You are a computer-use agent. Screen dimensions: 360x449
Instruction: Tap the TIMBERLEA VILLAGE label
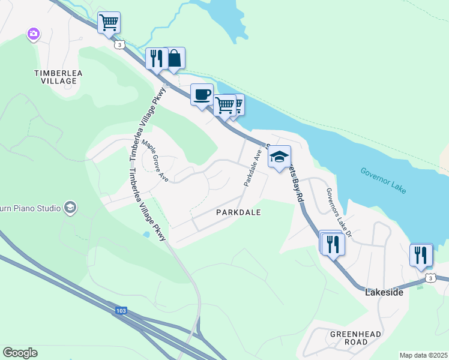(58, 76)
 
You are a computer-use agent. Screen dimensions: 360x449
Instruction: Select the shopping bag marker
(174, 59)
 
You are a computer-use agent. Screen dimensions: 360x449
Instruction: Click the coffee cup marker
(202, 94)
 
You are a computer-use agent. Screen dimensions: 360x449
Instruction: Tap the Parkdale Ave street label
(252, 167)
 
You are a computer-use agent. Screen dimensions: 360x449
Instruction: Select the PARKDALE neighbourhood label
(238, 213)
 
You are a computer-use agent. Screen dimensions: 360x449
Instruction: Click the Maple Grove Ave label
(155, 161)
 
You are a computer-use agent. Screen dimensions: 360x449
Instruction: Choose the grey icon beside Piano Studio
(70, 208)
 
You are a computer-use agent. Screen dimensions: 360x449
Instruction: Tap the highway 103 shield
(122, 310)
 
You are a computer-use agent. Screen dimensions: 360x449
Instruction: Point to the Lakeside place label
(384, 292)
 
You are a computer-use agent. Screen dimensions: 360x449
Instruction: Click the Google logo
(20, 353)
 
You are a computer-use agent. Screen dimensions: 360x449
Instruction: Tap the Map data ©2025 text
(423, 355)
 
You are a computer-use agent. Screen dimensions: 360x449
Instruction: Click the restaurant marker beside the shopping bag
(156, 59)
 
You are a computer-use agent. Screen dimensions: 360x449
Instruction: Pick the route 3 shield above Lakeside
(430, 278)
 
